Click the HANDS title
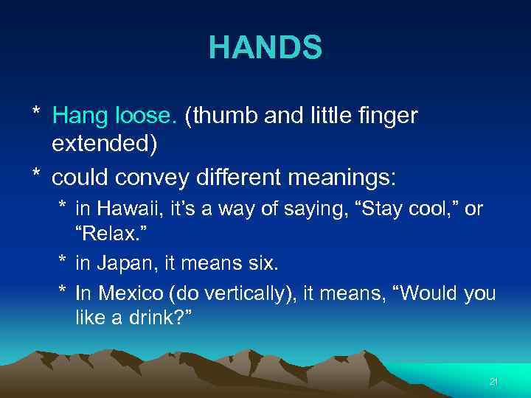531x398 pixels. [265, 48]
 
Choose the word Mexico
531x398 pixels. [127, 293]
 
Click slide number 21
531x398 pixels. [494, 381]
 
